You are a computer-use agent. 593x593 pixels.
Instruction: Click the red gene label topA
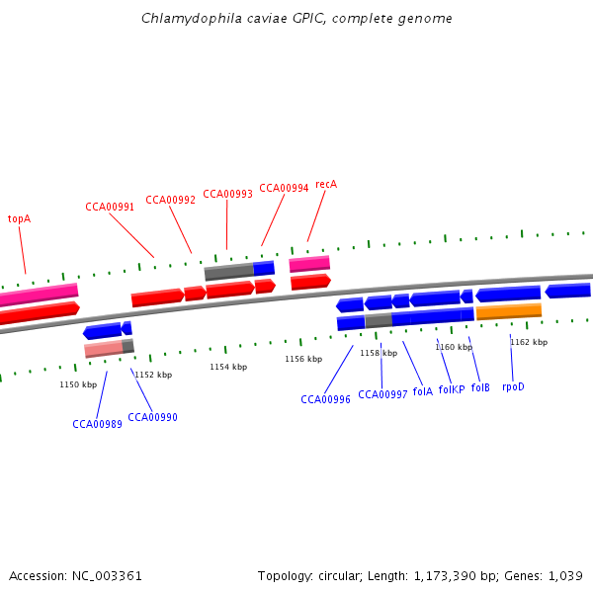point(19,218)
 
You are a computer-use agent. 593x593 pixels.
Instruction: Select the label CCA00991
point(110,207)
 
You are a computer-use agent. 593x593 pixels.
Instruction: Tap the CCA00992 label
point(171,200)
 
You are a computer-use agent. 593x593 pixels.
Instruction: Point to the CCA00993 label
point(227,194)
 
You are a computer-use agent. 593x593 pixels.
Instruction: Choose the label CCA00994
point(284,188)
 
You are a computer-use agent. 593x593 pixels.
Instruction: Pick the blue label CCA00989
point(97,424)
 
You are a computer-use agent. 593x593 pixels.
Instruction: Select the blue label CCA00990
point(152,417)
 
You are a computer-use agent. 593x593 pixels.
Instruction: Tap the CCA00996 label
point(325,400)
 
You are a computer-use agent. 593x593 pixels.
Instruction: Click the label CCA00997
point(382,394)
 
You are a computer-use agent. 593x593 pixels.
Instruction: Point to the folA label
point(422,391)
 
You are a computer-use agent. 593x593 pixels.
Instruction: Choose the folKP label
point(452,389)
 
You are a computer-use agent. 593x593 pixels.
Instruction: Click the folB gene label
point(480,387)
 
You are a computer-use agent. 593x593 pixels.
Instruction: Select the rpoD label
point(513,386)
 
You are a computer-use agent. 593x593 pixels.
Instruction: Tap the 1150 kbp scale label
point(78,384)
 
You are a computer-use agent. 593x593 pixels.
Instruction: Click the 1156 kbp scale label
point(303,359)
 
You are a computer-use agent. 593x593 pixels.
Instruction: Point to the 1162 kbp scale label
point(528,342)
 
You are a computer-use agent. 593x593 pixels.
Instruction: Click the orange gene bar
point(508,312)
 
